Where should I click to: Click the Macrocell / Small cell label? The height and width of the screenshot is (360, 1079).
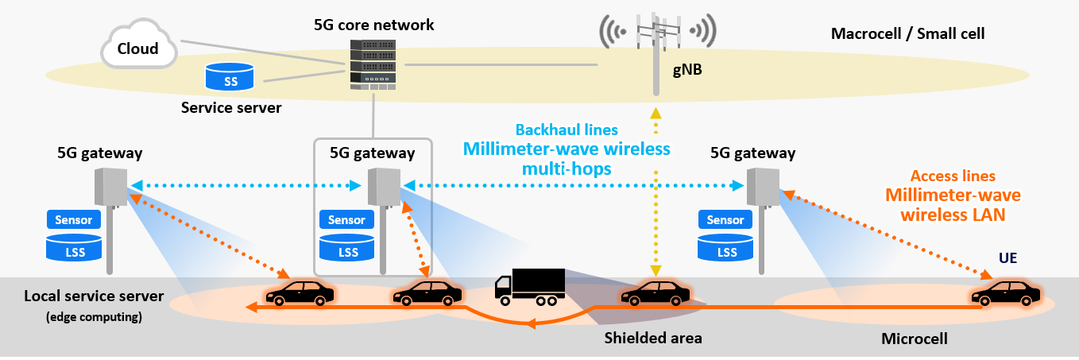(907, 34)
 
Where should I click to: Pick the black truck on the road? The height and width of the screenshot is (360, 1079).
(529, 287)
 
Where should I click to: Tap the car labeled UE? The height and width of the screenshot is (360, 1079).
(1005, 293)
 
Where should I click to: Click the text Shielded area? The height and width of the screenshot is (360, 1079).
(653, 339)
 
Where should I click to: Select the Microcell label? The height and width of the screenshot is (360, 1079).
(915, 339)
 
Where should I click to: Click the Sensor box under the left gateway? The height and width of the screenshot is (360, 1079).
(75, 219)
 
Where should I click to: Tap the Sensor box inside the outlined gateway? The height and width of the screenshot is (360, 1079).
(346, 219)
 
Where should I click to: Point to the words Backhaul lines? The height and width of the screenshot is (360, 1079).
(567, 130)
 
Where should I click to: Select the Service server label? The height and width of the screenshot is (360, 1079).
(231, 106)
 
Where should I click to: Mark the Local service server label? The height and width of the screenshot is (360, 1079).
(94, 296)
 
